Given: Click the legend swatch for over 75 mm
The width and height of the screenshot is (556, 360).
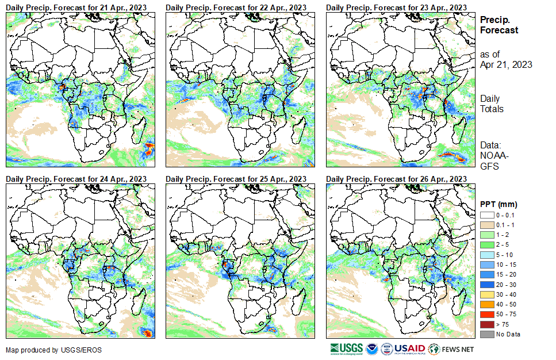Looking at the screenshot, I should [486, 325].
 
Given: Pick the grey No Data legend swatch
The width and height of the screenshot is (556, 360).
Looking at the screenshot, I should [486, 334].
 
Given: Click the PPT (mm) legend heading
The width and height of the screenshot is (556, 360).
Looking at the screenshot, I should [499, 204].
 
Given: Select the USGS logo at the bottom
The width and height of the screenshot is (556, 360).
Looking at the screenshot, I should [347, 348].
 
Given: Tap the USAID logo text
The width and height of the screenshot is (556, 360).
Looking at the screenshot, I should [409, 348].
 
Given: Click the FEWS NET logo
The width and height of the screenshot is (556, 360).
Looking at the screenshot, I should [453, 348].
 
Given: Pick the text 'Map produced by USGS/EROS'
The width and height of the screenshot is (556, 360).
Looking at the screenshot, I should [45, 350].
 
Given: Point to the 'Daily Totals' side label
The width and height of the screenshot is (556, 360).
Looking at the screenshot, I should [492, 104].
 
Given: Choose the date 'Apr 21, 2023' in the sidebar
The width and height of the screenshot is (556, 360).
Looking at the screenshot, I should [506, 64].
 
